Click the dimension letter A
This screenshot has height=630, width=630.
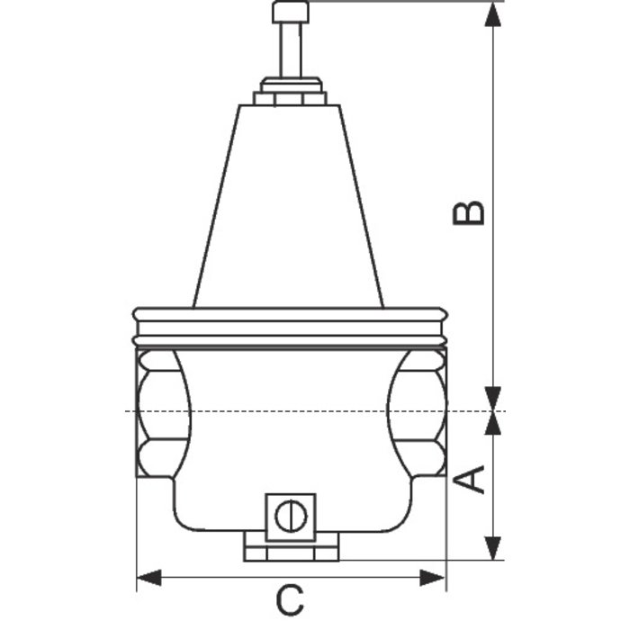click(474, 479)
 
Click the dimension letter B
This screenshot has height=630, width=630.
click(469, 212)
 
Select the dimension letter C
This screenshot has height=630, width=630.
click(289, 600)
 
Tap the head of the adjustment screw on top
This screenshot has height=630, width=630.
click(290, 12)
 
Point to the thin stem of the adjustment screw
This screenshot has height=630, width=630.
click(290, 50)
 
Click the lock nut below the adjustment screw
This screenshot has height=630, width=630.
click(290, 93)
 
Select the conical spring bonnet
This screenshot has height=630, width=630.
click(289, 207)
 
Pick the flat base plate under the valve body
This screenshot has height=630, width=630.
click(290, 547)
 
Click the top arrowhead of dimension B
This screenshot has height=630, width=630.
click(493, 14)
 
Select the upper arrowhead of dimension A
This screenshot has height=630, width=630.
click(493, 424)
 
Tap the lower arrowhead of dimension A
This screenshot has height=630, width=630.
click(493, 548)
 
